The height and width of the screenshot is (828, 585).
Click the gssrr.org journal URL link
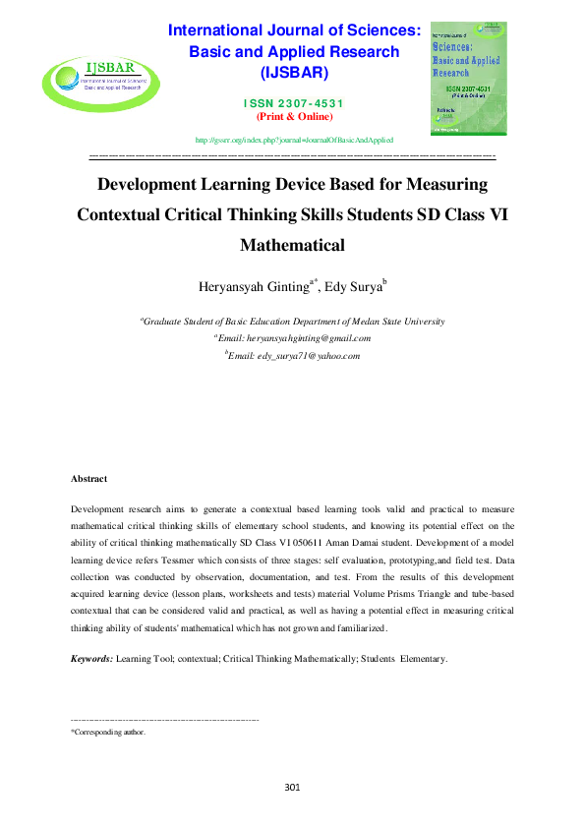tap(294, 142)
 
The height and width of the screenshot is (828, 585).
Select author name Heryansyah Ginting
tap(254, 287)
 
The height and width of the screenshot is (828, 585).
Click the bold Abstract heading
tap(88, 479)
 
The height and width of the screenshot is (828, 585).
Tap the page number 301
tap(292, 787)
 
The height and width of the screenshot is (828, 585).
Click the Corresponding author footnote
tap(109, 733)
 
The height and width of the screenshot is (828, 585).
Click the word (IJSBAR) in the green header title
tap(295, 73)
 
